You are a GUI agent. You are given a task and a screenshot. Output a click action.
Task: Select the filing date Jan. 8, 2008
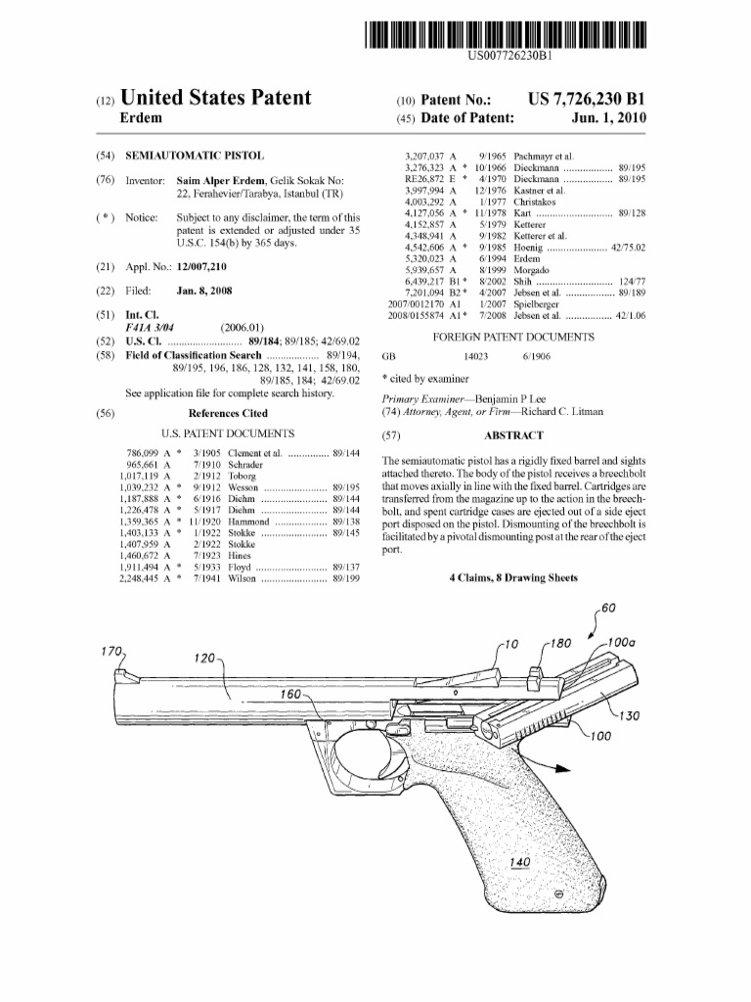[x=204, y=292]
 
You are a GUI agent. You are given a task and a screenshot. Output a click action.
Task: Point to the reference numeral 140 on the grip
[x=520, y=862]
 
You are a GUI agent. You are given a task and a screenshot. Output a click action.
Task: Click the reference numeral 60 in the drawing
[x=608, y=608]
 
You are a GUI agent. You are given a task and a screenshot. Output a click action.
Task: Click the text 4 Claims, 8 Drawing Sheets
[x=512, y=578]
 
